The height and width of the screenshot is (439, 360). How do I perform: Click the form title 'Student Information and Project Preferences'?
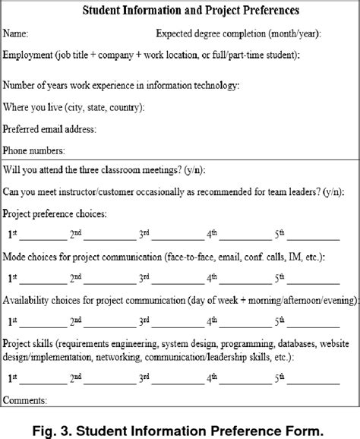[179, 11]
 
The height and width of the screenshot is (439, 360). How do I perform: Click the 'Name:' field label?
[17, 34]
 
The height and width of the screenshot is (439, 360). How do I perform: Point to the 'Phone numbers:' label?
[34, 150]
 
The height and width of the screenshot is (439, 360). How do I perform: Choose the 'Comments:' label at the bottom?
[25, 421]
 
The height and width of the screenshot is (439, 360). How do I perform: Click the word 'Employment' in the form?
[29, 55]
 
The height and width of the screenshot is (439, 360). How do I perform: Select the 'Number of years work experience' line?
[121, 85]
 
